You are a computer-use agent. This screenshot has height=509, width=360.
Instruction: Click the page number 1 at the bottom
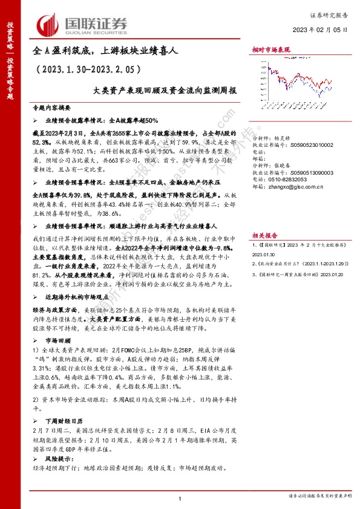click(x=180, y=498)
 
